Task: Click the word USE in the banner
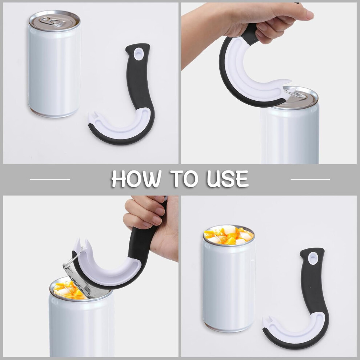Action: (x=228, y=179)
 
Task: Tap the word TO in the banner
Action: (x=184, y=179)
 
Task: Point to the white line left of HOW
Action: (x=50, y=180)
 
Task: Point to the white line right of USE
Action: (x=310, y=180)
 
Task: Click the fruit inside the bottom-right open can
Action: (x=229, y=236)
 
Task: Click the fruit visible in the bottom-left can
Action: (x=67, y=291)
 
